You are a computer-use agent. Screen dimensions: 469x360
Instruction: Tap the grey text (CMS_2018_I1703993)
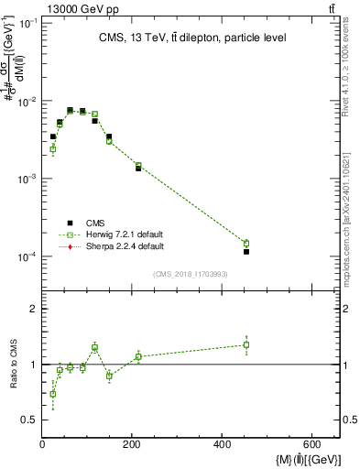[191, 274]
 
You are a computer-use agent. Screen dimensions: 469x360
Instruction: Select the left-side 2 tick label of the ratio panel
[33, 310]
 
